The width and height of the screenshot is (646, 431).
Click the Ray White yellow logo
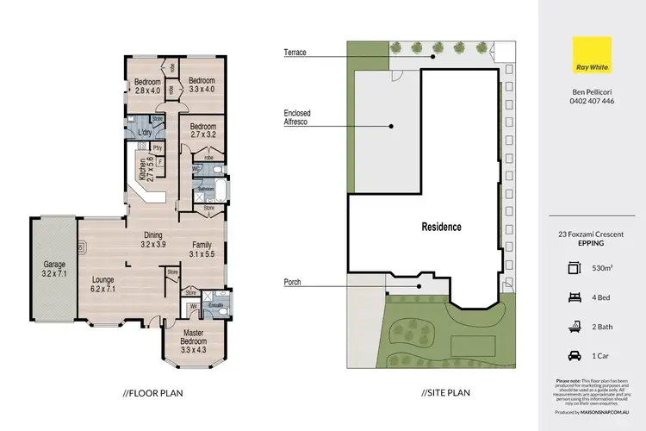(x=592, y=63)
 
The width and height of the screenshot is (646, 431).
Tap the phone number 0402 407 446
(x=592, y=101)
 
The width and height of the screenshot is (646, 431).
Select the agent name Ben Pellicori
(x=592, y=91)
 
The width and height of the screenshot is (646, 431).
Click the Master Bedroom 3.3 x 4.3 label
(x=194, y=341)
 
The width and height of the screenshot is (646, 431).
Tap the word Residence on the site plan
(x=441, y=228)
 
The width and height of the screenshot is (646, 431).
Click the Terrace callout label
(x=295, y=53)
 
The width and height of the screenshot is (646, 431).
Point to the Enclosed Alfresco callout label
(x=295, y=118)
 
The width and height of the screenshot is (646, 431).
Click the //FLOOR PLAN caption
(x=152, y=393)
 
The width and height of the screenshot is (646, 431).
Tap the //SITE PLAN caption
(x=446, y=393)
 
